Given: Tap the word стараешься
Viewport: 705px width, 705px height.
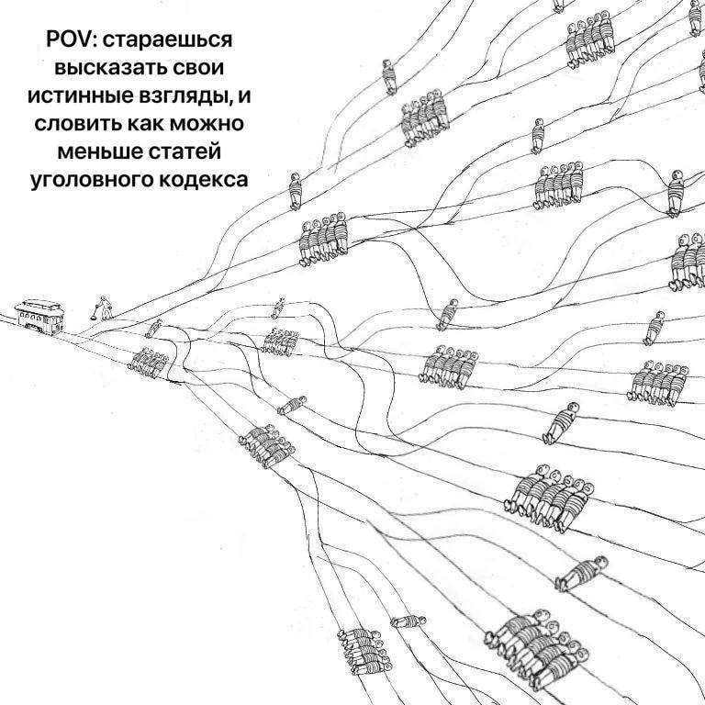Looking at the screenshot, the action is coord(168,41).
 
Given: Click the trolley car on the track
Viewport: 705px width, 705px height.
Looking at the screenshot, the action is coord(39,317).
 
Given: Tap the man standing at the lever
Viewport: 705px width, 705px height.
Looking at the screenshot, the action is coord(106,308).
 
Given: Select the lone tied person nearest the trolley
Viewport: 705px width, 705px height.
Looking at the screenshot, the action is coord(153,329).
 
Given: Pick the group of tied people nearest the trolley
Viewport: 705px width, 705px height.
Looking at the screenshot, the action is coord(148,362).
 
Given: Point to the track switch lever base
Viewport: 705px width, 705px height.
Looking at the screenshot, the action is coord(93,318).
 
